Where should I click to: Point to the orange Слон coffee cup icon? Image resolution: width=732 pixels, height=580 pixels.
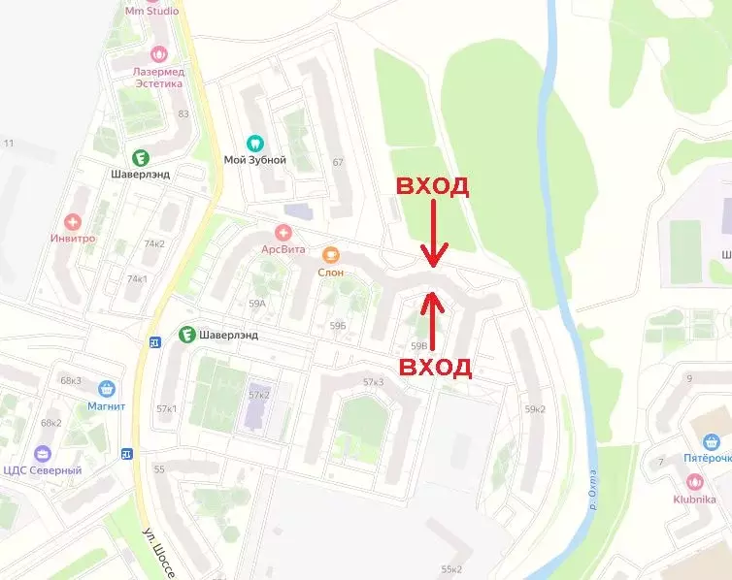tap(330, 255)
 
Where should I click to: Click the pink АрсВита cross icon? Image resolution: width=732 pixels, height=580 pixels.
tap(283, 232)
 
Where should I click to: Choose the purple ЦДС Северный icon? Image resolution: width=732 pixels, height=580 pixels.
tap(42, 453)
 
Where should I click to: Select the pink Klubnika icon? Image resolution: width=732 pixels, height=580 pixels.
tap(694, 481)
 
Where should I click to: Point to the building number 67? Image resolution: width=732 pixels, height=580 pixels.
tap(338, 162)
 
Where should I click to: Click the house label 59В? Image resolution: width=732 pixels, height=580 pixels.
tap(419, 345)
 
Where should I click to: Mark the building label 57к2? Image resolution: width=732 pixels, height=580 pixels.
tap(258, 395)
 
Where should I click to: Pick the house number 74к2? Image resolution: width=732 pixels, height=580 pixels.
tap(154, 243)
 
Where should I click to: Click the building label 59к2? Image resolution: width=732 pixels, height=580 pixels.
tap(535, 408)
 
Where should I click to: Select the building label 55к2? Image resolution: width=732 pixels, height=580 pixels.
tap(450, 569)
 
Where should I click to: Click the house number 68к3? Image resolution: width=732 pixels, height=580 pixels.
tap(71, 380)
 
